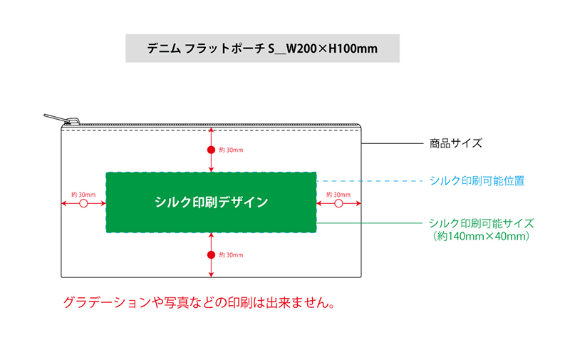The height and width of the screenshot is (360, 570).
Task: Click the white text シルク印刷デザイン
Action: (211, 202)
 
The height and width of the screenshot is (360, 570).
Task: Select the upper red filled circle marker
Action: (211, 150)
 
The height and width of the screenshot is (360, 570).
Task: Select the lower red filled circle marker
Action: (211, 254)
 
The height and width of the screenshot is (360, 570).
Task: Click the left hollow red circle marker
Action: (83, 204)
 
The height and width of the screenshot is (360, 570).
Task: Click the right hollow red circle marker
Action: (338, 204)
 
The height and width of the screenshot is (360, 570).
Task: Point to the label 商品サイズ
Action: (456, 143)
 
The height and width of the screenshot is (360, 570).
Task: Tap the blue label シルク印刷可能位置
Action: (477, 181)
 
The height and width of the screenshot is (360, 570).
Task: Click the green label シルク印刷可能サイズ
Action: (481, 223)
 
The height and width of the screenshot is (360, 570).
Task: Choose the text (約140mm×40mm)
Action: (481, 236)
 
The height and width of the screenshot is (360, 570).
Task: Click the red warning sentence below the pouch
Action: (199, 302)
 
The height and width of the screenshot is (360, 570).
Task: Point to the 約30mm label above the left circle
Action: (83, 195)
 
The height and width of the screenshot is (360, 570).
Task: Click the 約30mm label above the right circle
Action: (338, 195)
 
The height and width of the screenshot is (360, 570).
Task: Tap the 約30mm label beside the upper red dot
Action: (231, 150)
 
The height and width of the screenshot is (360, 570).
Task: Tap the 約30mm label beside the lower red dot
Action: (231, 254)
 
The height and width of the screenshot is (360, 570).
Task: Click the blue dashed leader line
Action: (370, 181)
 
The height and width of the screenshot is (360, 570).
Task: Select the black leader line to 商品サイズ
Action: (392, 143)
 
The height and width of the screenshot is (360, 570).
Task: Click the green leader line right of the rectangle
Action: (370, 223)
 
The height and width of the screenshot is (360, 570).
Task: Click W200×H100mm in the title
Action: (331, 49)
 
